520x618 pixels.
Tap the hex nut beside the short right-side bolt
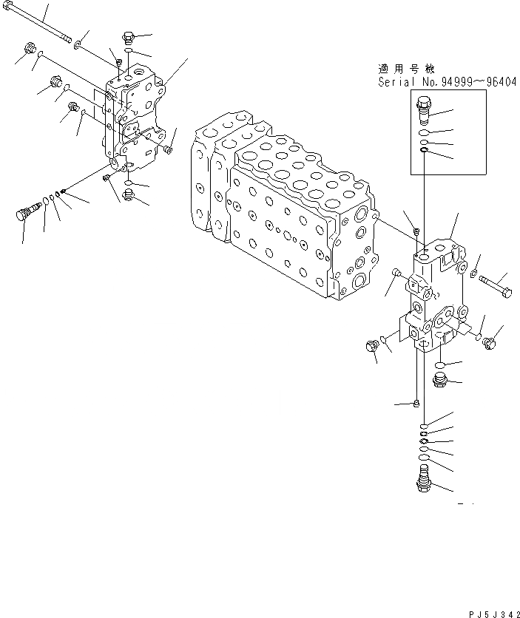click(x=474, y=276)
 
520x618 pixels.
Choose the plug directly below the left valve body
click(x=129, y=196)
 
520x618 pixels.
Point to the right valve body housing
click(x=433, y=296)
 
